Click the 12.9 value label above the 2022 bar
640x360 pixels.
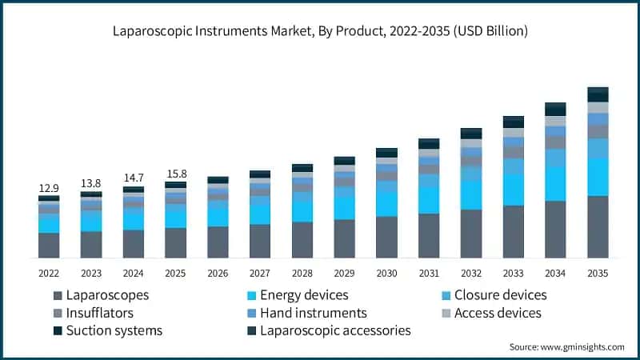[x=49, y=188]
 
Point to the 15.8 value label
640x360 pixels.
[x=177, y=174]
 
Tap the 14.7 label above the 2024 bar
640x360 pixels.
[x=134, y=178]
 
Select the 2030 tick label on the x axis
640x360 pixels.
[x=386, y=273]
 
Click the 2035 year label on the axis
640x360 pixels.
[x=598, y=273]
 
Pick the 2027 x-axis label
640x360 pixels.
[x=259, y=273]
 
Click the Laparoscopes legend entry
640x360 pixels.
[x=101, y=295]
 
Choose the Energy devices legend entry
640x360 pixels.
[x=298, y=295]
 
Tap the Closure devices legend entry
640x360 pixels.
[x=494, y=295]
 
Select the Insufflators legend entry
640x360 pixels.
[x=93, y=313]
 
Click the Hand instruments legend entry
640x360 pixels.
[x=307, y=313]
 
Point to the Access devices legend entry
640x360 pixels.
[x=491, y=313]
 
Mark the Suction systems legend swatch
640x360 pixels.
[x=58, y=330]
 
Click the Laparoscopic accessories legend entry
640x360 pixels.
[x=329, y=330]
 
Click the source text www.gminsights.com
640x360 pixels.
[x=582, y=347]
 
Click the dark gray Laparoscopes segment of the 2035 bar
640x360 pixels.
[x=598, y=227]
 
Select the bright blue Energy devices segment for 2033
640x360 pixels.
[x=513, y=190]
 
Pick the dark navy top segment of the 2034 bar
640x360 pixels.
[x=555, y=110]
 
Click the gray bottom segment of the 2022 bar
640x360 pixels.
[x=49, y=246]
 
